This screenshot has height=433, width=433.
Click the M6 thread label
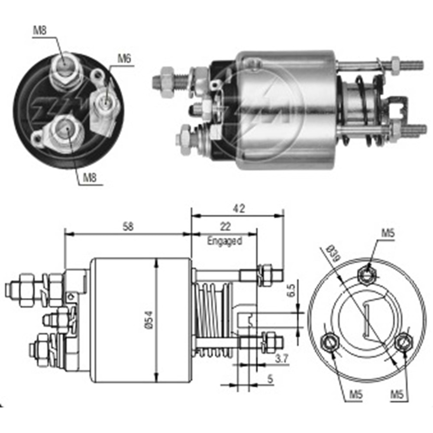pos(124,58)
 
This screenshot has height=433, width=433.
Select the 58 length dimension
pos(128,226)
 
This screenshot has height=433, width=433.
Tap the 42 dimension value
pos(238,208)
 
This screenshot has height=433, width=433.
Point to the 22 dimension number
pos(225,226)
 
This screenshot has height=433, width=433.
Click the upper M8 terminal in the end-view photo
pos(65,66)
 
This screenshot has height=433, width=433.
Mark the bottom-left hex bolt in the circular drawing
pos(330,343)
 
